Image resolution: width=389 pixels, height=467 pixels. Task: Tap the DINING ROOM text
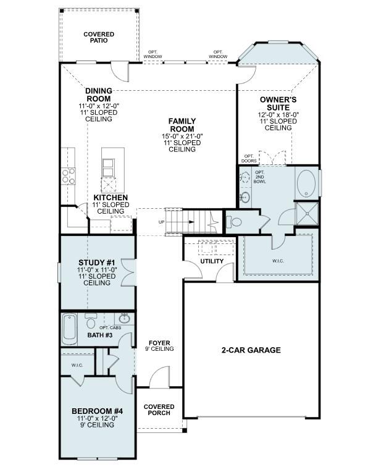(98, 95)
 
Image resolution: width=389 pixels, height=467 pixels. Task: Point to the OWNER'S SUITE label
(278, 103)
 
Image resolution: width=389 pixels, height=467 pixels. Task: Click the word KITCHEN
(111, 198)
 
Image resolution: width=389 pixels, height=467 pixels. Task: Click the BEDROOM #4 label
(97, 411)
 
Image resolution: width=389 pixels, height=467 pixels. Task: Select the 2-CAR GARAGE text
(251, 350)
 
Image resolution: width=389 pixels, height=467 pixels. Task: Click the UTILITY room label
(212, 262)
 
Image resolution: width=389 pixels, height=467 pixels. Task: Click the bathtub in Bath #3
(69, 329)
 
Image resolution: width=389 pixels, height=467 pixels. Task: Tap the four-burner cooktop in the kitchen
(68, 176)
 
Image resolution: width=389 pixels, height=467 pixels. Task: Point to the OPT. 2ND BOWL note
(259, 178)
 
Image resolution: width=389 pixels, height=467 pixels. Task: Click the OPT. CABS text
(110, 327)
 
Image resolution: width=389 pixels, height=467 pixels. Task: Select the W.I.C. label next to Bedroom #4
(77, 365)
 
